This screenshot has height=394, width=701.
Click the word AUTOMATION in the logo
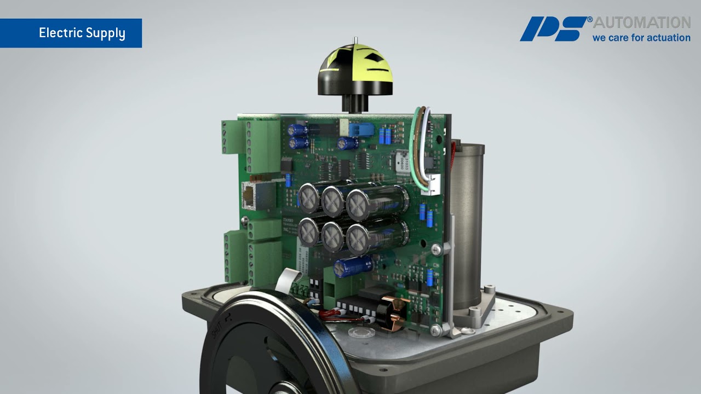(642, 23)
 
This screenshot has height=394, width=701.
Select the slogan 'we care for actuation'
(641, 38)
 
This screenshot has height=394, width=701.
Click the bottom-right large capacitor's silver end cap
(358, 237)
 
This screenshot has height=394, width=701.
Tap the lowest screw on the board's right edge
(435, 329)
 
